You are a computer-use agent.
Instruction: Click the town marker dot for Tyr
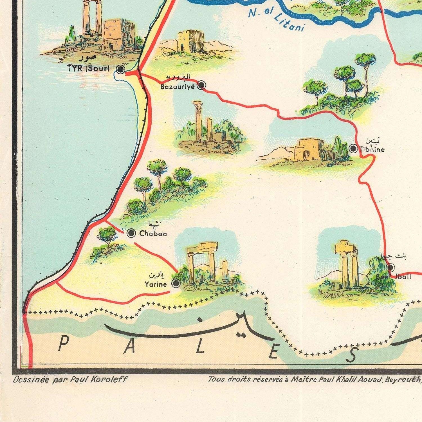[120, 69]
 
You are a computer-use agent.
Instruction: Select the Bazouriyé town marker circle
[201, 85]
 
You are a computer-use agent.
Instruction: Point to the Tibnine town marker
[353, 148]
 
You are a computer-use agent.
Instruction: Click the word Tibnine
[372, 150]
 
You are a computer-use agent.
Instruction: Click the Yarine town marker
[176, 284]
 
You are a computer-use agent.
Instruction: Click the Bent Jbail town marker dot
[390, 267]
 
